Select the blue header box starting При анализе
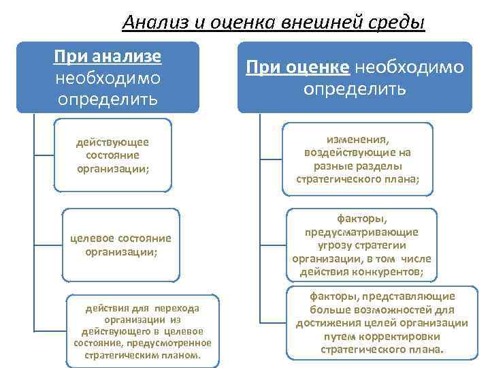pyautogui.click(x=108, y=77)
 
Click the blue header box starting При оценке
pyautogui.click(x=354, y=77)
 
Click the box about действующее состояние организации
pyautogui.click(x=114, y=156)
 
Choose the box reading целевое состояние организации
pyautogui.click(x=121, y=245)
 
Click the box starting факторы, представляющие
pyautogui.click(x=382, y=323)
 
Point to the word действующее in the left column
pyautogui.click(x=113, y=142)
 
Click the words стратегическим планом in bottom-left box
pyautogui.click(x=142, y=356)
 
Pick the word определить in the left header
pyautogui.click(x=108, y=99)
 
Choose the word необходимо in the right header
pyautogui.click(x=409, y=67)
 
